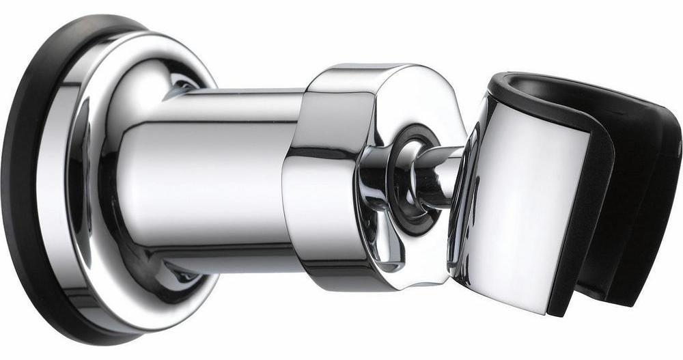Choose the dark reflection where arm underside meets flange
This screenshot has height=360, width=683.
pos(181,273)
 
